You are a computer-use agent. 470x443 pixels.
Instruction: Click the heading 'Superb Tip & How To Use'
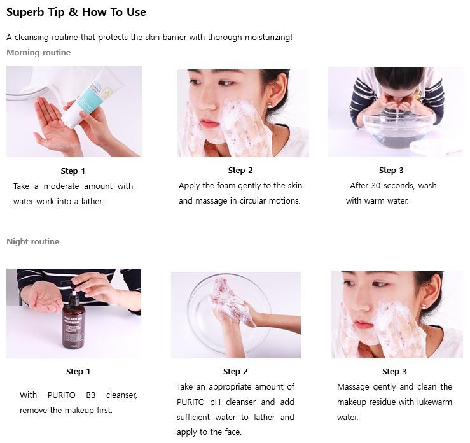pos(76,12)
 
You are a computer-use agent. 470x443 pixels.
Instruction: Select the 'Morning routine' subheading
pos(38,52)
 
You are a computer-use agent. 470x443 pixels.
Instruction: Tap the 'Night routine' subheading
pos(32,241)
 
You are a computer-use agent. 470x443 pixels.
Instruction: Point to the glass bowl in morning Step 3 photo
pos(399,127)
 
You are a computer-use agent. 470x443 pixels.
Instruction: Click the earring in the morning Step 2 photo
pos(270,105)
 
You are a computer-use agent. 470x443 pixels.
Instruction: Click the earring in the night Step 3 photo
pos(424,306)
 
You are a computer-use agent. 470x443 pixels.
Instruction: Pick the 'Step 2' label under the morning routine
pos(240,171)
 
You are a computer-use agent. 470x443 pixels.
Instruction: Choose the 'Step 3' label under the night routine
pos(394,371)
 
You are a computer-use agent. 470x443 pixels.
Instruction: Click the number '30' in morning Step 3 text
pos(376,186)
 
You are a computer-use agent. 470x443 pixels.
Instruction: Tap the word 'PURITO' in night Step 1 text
pos(62,395)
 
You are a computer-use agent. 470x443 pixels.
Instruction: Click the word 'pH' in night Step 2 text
pos(215,402)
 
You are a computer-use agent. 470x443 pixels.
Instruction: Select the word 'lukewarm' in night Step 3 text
pos(434,402)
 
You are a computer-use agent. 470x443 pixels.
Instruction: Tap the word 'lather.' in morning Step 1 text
pos(92,201)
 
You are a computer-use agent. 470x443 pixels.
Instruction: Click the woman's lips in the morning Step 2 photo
pos(209,123)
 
